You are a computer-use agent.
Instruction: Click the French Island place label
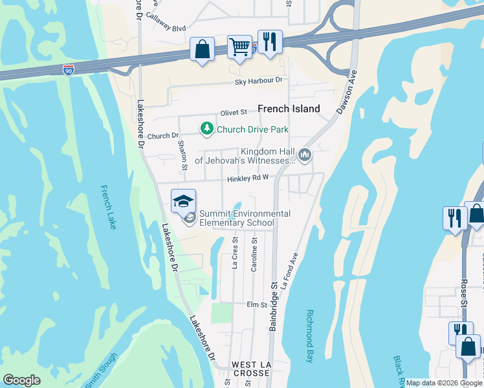click(289, 109)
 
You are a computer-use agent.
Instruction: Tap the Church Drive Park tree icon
click(206, 129)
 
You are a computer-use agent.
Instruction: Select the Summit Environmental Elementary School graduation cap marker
click(184, 200)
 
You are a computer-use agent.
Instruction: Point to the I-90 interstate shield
click(69, 68)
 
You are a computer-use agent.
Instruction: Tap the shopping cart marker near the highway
click(239, 47)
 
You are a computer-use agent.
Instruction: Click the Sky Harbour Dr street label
click(259, 81)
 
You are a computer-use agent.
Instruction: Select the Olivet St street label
click(234, 113)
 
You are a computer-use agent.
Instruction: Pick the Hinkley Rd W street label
click(247, 179)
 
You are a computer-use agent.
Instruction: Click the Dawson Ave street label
click(347, 98)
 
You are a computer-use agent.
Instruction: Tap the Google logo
click(21, 380)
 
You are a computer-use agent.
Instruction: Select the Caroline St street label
click(255, 255)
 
